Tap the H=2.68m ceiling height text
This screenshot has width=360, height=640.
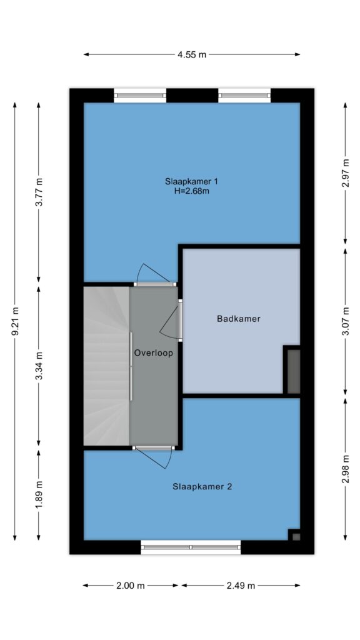(191, 191)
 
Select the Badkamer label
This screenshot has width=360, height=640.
(238, 319)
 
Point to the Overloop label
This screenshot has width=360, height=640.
(154, 353)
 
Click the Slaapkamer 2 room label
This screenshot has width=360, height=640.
(202, 486)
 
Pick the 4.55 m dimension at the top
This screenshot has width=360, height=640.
(192, 55)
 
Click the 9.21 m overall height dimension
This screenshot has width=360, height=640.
(16, 321)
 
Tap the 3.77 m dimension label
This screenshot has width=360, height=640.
(39, 192)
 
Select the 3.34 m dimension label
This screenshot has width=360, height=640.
(39, 366)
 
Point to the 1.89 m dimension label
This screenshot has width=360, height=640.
(39, 495)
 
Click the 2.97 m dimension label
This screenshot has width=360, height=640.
(346, 173)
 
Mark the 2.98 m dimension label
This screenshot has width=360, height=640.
(346, 469)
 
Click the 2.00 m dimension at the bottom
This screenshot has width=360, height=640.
(131, 586)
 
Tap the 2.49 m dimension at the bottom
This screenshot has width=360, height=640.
(241, 586)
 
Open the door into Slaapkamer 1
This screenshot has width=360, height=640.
(155, 275)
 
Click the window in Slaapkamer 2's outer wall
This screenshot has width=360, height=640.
(191, 547)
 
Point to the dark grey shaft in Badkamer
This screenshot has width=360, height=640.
(294, 371)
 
